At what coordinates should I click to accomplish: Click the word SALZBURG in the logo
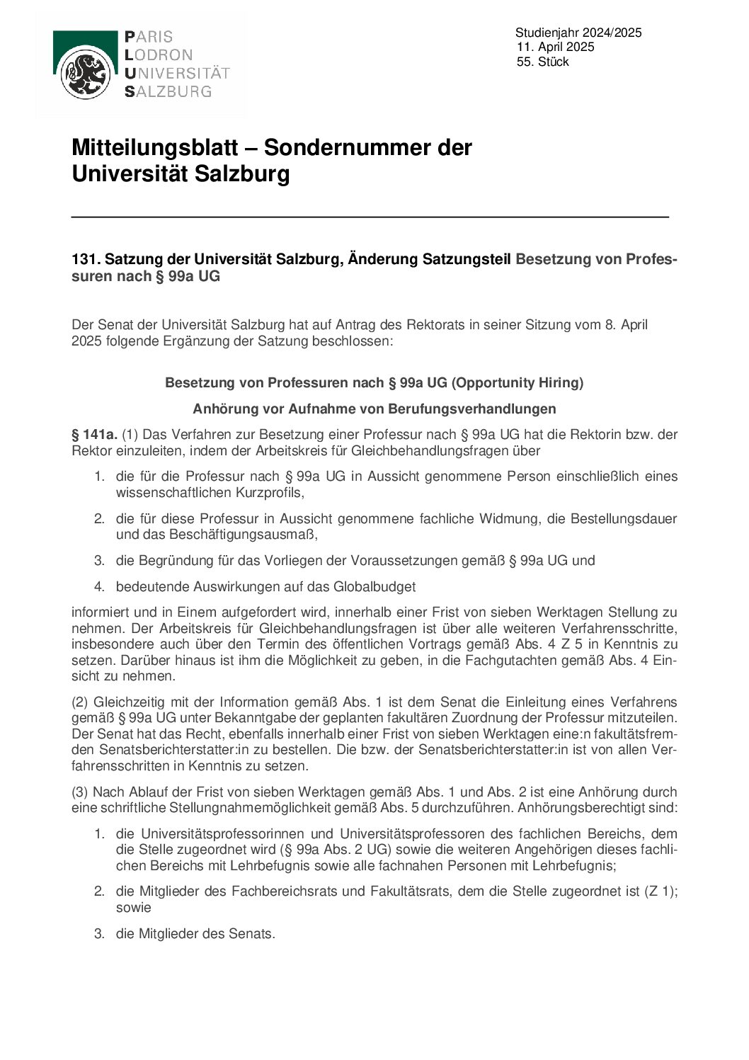tap(168, 91)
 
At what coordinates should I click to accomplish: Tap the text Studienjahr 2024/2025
tap(578, 33)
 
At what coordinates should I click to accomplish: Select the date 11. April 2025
tap(556, 47)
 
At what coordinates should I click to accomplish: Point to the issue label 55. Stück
tap(543, 62)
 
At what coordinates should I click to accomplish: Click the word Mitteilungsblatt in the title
tap(155, 148)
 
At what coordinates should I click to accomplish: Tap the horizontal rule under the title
tap(370, 217)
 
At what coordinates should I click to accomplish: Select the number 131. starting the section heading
tap(85, 259)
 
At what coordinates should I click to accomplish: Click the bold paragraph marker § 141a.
tap(94, 435)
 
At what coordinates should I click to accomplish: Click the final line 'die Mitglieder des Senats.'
tap(195, 934)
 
